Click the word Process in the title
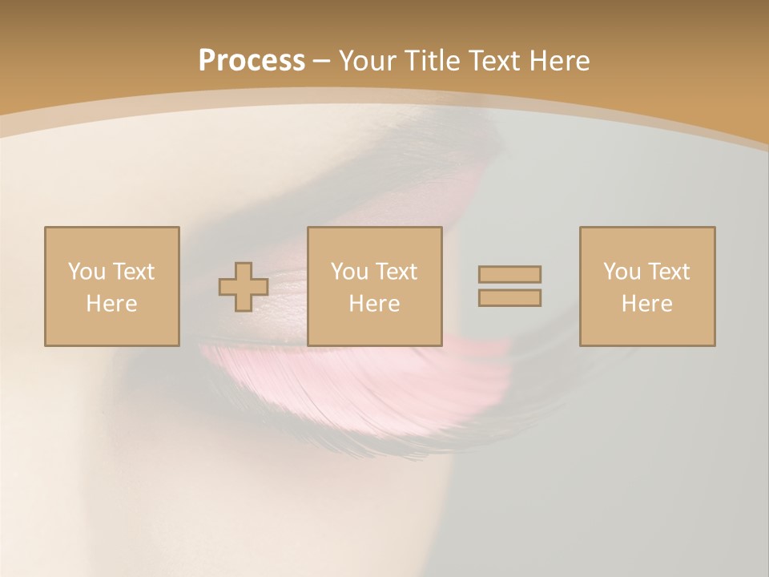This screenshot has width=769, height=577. click(252, 61)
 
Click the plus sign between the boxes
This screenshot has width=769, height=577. click(244, 287)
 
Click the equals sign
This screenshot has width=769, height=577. click(509, 286)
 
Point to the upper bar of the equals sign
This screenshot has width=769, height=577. click(509, 275)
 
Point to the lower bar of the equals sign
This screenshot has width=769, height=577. click(509, 297)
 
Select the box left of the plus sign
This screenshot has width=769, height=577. click(111, 286)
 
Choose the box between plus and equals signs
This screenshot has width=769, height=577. click(374, 286)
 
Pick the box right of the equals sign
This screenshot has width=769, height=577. click(646, 286)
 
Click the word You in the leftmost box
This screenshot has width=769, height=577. click(86, 272)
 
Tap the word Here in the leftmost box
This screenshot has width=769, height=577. click(111, 304)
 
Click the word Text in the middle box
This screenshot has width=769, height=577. click(397, 272)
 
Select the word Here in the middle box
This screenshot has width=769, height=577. click(374, 304)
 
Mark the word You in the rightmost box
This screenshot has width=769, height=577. click(622, 272)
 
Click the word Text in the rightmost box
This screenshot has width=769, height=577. click(669, 272)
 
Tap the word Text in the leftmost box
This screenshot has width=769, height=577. click(134, 272)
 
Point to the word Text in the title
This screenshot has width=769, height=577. click(494, 61)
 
